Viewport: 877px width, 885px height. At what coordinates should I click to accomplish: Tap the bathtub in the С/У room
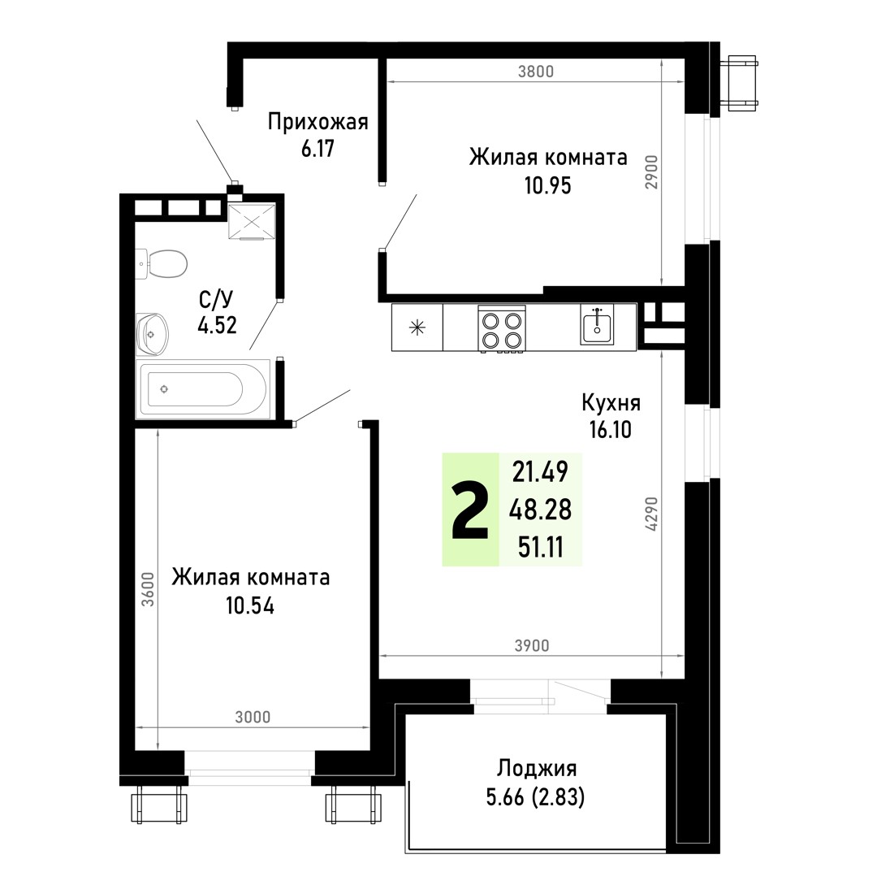tap(203, 389)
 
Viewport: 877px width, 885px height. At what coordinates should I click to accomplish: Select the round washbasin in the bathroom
tap(153, 334)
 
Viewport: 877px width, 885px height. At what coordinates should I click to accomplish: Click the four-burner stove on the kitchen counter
tap(501, 329)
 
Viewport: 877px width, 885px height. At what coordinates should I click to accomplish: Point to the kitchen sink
tap(597, 325)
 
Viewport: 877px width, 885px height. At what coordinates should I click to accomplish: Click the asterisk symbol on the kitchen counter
tap(417, 328)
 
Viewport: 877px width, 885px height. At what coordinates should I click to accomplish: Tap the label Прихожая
tap(318, 122)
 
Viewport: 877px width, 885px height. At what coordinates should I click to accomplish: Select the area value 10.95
tap(547, 185)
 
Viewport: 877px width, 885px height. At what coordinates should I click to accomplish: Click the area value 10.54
tap(250, 605)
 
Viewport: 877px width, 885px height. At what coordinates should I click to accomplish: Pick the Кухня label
tap(611, 403)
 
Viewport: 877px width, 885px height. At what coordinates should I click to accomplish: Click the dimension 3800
tap(536, 72)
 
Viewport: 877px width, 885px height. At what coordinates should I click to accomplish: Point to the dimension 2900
tap(652, 172)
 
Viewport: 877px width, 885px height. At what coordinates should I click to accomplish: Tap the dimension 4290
tap(652, 514)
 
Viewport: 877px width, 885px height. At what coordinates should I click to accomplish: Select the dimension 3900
tap(532, 645)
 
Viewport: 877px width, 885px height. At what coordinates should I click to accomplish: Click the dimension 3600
tap(148, 589)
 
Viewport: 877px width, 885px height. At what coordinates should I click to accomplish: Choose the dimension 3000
tap(253, 718)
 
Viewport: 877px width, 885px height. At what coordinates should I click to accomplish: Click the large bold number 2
tap(470, 511)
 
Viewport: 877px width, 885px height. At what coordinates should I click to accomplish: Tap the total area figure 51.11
tap(540, 548)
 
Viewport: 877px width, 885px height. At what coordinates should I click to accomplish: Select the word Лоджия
tap(537, 769)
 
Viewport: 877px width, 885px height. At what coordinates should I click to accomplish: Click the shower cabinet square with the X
tap(252, 221)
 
